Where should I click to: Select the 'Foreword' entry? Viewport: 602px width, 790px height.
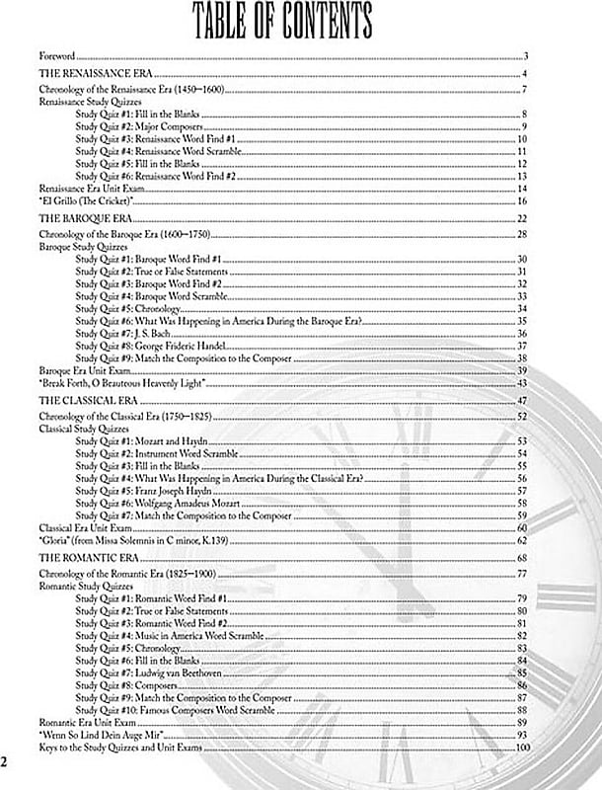[x=57, y=56]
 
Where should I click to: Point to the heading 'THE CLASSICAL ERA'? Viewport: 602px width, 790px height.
[x=90, y=401]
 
